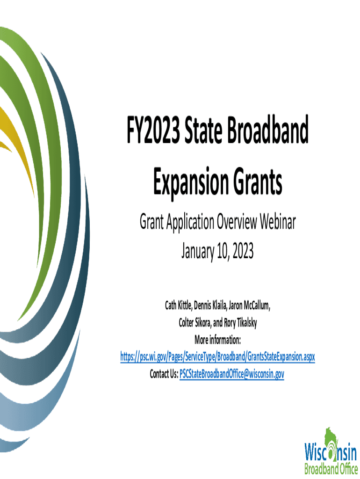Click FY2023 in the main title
153,130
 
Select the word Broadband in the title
267,130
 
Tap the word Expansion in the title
191,182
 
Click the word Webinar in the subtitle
278,222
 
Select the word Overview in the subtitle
237,222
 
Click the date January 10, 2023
217,252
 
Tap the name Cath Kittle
178,305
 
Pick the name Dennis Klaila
210,305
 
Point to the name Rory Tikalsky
240,323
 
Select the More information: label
217,340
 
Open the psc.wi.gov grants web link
217,357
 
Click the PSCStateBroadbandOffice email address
232,374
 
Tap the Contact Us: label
164,374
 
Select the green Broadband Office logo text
331,468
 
